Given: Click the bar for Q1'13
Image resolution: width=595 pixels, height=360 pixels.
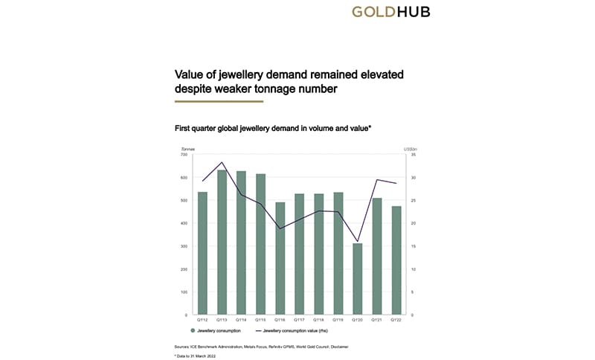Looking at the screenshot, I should pos(222,242).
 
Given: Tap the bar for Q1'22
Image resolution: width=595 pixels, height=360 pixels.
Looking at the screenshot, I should pos(396,260).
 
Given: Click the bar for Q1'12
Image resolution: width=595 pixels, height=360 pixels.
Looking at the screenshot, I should pos(202,253).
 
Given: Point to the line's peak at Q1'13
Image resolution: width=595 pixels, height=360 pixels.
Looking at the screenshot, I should pos(222,162).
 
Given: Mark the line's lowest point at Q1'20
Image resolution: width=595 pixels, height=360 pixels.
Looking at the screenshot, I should pos(357,242).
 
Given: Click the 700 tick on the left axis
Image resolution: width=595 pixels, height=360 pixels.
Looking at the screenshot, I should pos(185,155).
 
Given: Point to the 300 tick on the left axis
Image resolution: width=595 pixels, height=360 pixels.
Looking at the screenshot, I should pos(185,246).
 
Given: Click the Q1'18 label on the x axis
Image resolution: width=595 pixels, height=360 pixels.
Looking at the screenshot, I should pos(318,321).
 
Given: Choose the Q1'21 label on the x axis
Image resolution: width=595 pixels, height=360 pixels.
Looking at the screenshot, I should pos(377,321).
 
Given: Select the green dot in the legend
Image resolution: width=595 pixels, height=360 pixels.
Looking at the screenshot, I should pos(193,330).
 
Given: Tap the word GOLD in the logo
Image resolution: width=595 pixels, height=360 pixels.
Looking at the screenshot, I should pos(379,12).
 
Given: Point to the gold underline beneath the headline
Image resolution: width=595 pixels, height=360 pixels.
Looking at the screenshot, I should pos(219,101).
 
